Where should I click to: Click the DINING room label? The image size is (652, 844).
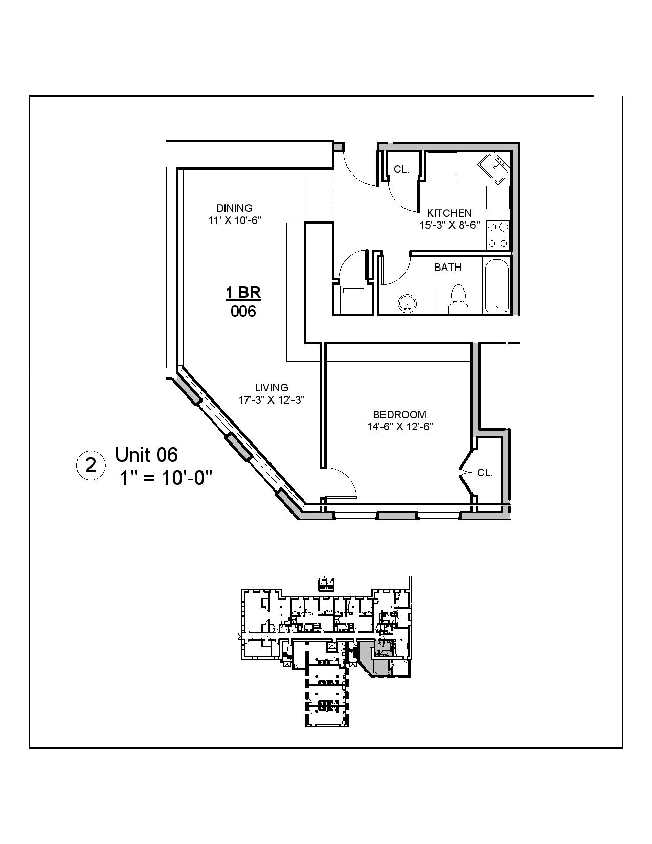[x=234, y=208]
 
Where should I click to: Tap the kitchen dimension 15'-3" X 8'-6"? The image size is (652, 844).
[x=449, y=225]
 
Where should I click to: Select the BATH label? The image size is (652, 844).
[x=448, y=268]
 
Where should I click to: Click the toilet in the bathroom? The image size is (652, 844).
[x=458, y=299]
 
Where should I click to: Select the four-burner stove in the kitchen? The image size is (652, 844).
[x=498, y=235]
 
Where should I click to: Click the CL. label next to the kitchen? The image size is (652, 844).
[x=401, y=170]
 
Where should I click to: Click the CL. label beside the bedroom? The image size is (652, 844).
[x=485, y=473]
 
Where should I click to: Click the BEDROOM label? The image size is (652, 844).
[x=399, y=415]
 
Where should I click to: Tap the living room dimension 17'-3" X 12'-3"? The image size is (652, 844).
[x=272, y=400]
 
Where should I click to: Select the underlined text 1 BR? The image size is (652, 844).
[x=243, y=293]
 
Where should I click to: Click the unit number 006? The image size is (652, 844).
[x=243, y=311]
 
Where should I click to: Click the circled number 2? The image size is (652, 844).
[x=91, y=465]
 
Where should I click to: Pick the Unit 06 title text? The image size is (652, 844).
[x=146, y=454]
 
